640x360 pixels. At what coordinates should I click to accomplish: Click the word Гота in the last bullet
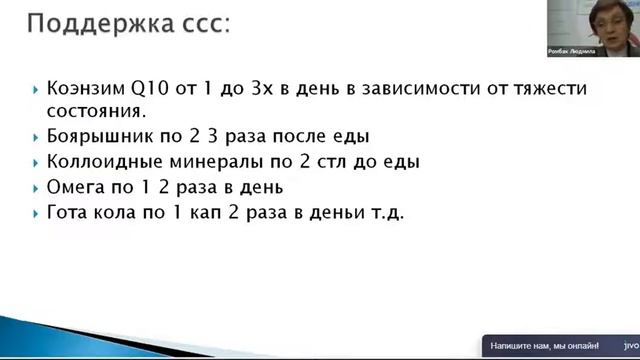(68, 213)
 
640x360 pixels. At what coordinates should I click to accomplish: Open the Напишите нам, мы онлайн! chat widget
(546, 347)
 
